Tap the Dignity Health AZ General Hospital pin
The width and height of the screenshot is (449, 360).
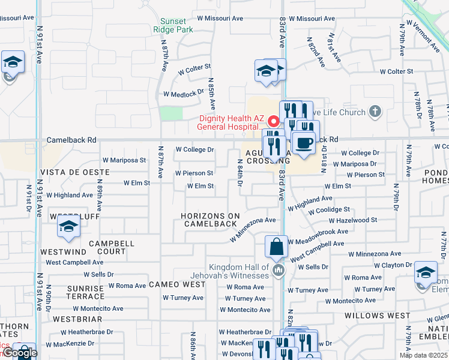pyautogui.click(x=273, y=121)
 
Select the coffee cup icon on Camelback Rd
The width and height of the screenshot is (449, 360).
pyautogui.click(x=304, y=144)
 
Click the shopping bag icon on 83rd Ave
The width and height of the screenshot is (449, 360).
pyautogui.click(x=276, y=247)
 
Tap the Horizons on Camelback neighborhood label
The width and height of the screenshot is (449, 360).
pyautogui.click(x=209, y=220)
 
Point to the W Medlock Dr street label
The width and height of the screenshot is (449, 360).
pyautogui.click(x=184, y=94)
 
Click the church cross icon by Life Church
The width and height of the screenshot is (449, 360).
pyautogui.click(x=375, y=111)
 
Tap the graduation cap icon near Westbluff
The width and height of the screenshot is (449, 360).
pyautogui.click(x=69, y=227)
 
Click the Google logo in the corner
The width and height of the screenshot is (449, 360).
pyautogui.click(x=19, y=353)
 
